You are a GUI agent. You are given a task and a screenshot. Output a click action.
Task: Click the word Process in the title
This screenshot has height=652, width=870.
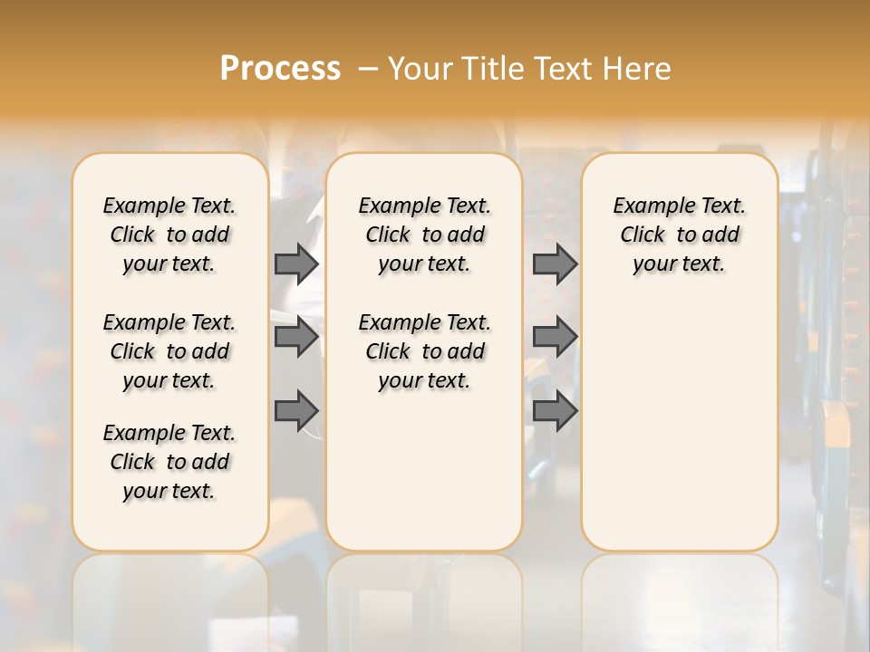pos(280,68)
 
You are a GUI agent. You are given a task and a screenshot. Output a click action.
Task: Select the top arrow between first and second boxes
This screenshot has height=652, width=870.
pos(296,264)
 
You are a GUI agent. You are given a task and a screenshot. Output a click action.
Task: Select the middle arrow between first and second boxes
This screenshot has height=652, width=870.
pos(296,337)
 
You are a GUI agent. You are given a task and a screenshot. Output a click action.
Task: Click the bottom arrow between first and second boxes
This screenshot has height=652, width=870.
pos(296,410)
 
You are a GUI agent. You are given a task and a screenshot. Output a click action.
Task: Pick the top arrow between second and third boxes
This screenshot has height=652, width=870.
pos(555,264)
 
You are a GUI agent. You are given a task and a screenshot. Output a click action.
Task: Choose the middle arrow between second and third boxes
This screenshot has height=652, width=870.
pos(555,337)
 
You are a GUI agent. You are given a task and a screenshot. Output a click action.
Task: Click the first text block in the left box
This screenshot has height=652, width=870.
pos(169,235)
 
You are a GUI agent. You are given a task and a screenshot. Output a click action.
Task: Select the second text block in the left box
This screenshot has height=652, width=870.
pos(169,351)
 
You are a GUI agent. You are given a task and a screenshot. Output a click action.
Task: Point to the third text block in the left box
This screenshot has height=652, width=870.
pos(169,462)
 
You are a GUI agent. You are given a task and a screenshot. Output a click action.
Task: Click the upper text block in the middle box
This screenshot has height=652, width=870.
pos(424,235)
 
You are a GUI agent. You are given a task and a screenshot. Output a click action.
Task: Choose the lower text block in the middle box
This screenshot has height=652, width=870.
pos(424,351)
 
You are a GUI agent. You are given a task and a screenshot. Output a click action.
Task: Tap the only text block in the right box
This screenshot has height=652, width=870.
pos(679,235)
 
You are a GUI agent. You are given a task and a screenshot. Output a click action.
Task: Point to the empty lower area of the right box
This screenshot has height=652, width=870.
pos(679,417)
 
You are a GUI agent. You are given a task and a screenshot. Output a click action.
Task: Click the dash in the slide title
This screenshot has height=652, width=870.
pos(368,68)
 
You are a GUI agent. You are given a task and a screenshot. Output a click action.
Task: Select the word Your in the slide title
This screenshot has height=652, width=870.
pos(419,68)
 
